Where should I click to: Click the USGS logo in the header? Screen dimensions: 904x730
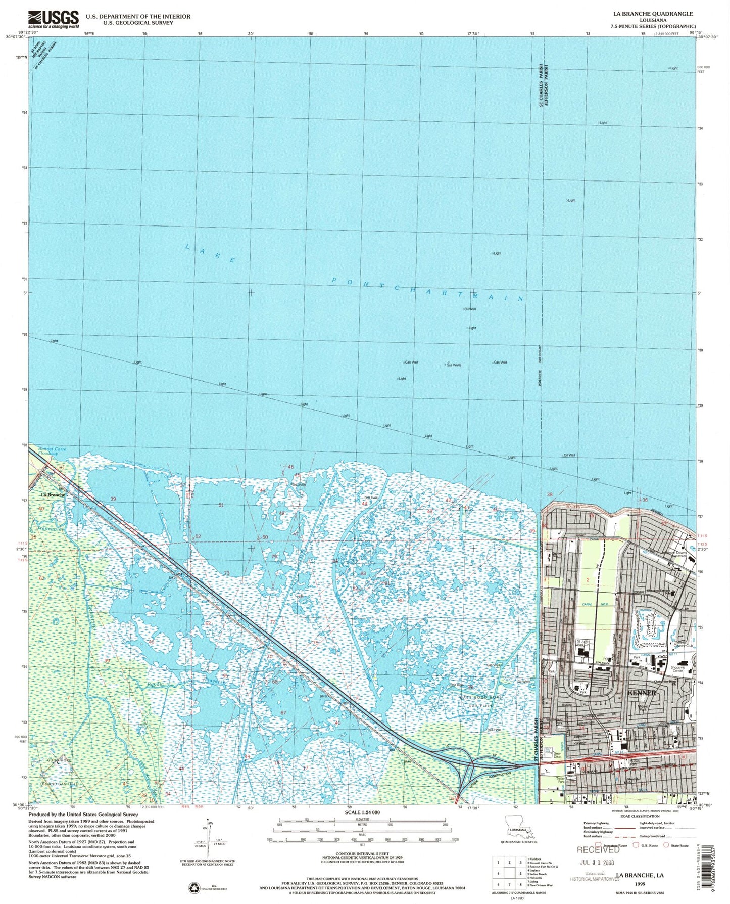click(54, 19)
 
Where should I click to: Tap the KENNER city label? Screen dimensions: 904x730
click(641, 693)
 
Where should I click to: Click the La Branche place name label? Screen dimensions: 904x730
click(53, 495)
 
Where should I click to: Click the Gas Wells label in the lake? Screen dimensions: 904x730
click(453, 365)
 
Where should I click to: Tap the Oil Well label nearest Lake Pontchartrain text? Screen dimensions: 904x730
click(469, 309)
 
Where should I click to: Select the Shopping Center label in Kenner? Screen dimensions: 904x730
click(677, 669)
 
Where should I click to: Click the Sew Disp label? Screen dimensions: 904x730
click(557, 755)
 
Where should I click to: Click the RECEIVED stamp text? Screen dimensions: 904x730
click(598, 849)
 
